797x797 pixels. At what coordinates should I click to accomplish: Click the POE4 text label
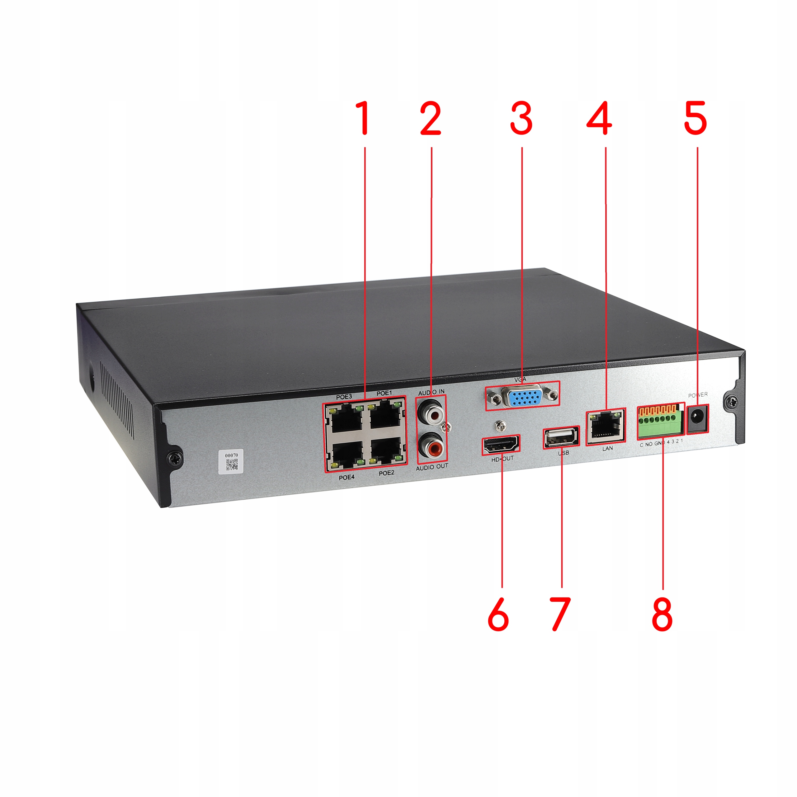(347, 477)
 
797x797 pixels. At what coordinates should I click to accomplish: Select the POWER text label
(698, 395)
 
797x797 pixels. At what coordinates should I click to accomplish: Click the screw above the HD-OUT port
(500, 424)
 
